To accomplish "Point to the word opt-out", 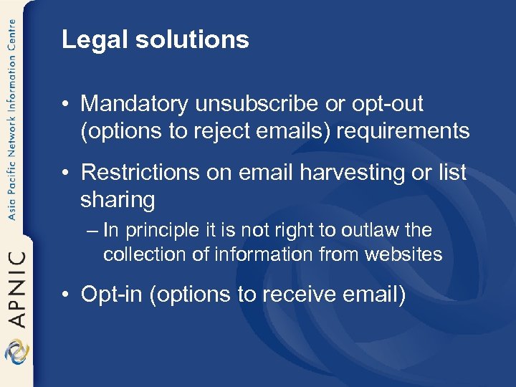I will click(x=387, y=105).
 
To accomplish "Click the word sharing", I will click(x=118, y=201).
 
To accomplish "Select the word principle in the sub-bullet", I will click(x=158, y=231).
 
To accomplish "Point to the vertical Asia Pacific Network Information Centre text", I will click(x=12, y=122).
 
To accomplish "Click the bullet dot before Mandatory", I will click(x=66, y=105).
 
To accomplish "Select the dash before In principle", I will click(x=94, y=231).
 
